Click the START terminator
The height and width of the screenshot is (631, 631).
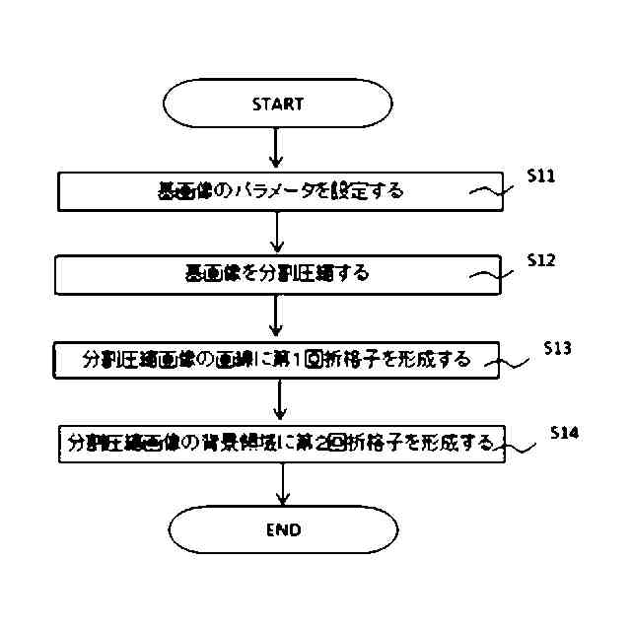click(277, 103)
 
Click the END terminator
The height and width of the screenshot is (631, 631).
click(283, 529)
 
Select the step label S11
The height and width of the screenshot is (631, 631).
click(540, 177)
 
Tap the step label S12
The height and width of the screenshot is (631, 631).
click(540, 260)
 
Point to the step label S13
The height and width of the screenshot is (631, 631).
click(558, 348)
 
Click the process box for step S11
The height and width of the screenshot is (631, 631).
click(281, 191)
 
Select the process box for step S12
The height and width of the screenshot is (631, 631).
click(277, 273)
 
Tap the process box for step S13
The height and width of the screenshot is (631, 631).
click(277, 360)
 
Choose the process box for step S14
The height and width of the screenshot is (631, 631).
click(281, 444)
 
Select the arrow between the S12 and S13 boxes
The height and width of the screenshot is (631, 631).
click(277, 317)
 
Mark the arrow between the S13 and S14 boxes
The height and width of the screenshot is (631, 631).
click(281, 401)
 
